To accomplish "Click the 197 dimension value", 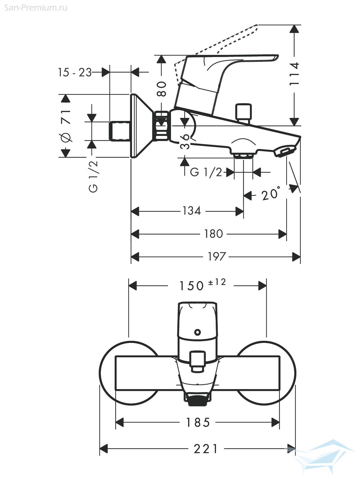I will [x=217, y=257].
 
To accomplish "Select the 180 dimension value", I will [x=214, y=234].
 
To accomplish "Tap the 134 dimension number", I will [x=191, y=211].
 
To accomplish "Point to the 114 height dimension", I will [x=295, y=74].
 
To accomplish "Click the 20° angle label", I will [x=271, y=194].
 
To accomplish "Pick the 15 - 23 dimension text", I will [x=75, y=72].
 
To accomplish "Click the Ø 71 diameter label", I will [x=66, y=126].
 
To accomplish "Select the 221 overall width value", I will [x=206, y=449].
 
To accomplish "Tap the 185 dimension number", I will [x=198, y=423].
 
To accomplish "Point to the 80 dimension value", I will [x=162, y=89].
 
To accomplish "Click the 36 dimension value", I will [x=185, y=141].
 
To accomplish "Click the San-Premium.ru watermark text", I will [x=36, y=8].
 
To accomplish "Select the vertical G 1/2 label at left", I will [x=94, y=176].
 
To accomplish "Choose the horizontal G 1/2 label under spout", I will [x=206, y=172].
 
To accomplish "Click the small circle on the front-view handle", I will [x=197, y=332].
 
